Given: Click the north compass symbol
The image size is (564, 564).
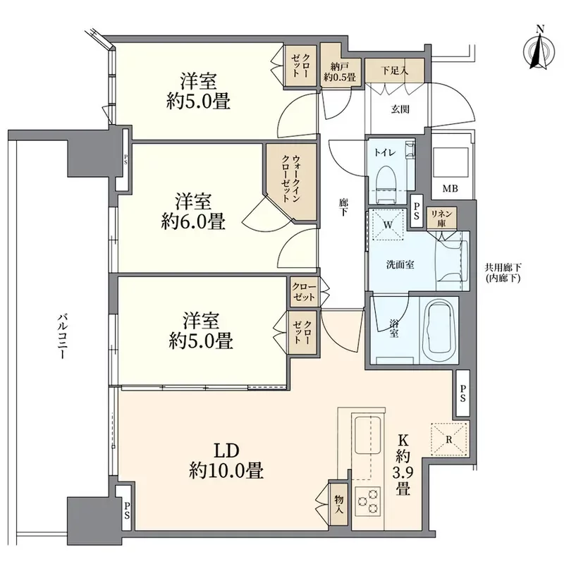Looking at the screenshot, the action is [539, 49].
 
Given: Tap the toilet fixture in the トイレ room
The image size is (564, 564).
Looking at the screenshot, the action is [386, 183].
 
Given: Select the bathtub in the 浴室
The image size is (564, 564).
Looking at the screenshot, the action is [439, 329].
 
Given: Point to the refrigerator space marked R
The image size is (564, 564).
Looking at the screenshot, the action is [449, 439].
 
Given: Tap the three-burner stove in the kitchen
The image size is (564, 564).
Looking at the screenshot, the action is [368, 501].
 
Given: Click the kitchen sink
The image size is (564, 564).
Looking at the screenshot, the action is [368, 435].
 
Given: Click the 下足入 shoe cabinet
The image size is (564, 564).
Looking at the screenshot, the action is [395, 70].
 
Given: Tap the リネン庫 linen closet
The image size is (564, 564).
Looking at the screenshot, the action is [442, 218].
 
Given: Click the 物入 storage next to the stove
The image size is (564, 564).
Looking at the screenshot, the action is [338, 504].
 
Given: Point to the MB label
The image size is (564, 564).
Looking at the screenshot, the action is [450, 188].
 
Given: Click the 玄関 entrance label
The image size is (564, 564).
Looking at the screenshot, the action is [400, 109].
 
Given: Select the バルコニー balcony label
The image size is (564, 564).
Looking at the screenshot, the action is [62, 337].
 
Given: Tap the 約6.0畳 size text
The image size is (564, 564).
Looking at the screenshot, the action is [193, 221].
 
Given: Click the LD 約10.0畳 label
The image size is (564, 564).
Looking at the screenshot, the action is [226, 461].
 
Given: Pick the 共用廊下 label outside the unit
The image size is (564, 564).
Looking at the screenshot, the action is [503, 268].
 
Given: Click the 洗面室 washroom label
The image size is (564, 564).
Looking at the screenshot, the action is [400, 265].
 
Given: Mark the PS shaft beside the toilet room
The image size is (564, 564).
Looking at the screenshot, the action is [417, 211].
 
